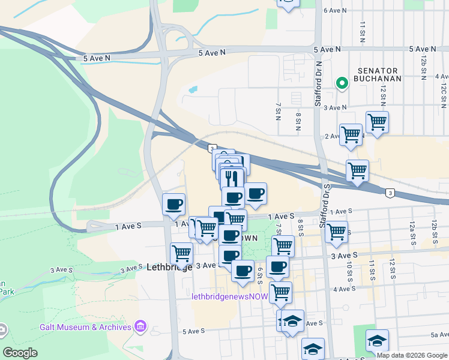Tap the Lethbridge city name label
tap(169, 268)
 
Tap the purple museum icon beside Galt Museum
tap(140, 326)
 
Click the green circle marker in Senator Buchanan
tap(342, 83)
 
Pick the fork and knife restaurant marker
tap(231, 178)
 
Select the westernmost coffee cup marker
tap(173, 204)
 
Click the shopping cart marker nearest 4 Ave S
tap(280, 292)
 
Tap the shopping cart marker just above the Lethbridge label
tap(181, 253)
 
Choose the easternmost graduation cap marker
tap(376, 340)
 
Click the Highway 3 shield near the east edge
tap(390, 193)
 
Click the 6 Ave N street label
tap(336, 10)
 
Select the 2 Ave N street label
tap(333, 136)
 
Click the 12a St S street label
tap(412, 230)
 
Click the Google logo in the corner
tap(20, 353)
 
